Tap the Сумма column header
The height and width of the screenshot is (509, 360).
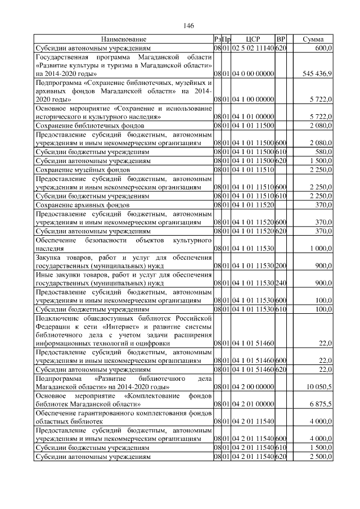(x=313, y=39)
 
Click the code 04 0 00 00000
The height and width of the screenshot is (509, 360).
(x=253, y=74)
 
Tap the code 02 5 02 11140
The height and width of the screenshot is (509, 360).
(x=253, y=48)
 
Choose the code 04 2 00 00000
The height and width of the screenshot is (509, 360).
(x=253, y=388)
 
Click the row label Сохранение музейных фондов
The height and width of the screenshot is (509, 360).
(x=83, y=169)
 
